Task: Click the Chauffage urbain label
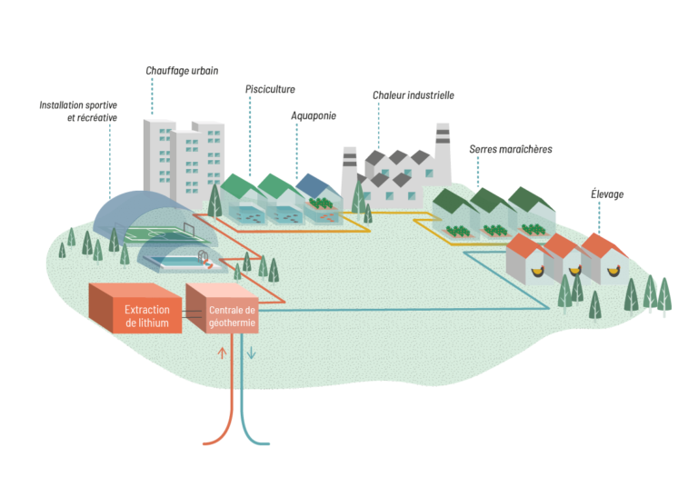(182, 70)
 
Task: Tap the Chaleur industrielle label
(413, 94)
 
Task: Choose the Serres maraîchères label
(511, 148)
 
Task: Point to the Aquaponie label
(314, 115)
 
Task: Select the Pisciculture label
(272, 89)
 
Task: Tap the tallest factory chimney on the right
(443, 150)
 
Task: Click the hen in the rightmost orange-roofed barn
(613, 269)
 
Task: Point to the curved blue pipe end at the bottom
(264, 442)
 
